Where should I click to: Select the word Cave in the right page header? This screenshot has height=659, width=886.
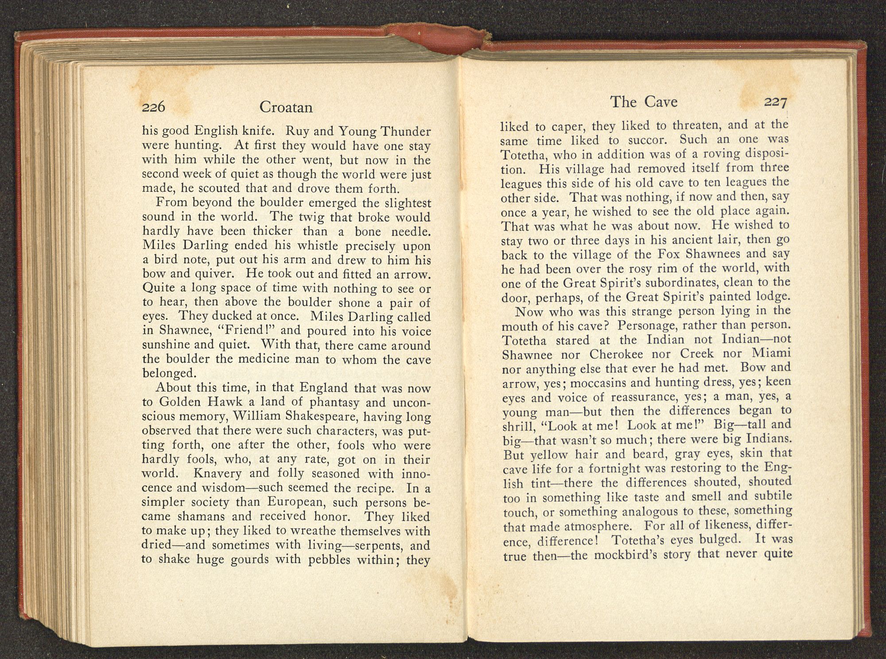661,102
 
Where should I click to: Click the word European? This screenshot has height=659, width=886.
297,503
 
